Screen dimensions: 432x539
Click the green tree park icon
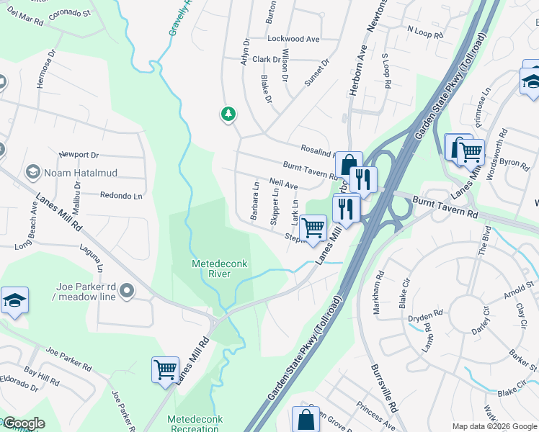tap(228, 114)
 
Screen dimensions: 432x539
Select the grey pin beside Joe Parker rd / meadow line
tap(127, 291)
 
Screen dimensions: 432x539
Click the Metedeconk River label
tap(219, 269)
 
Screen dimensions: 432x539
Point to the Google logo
tap(23, 423)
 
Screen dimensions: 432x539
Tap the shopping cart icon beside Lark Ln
tap(313, 228)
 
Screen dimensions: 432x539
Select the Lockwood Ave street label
tap(293, 39)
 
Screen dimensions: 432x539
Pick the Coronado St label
tap(68, 14)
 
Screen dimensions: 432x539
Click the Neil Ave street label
tap(282, 185)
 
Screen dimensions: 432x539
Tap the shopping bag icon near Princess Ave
tap(306, 418)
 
